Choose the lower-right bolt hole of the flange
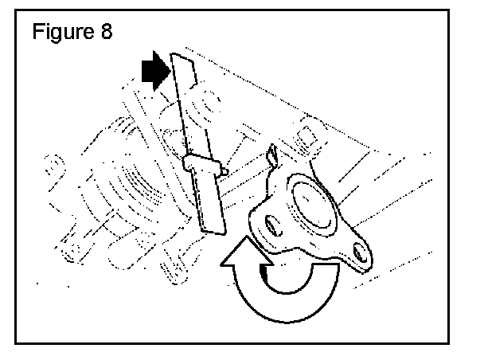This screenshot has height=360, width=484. [x=362, y=252]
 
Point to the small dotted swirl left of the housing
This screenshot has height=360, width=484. [x=52, y=163]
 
